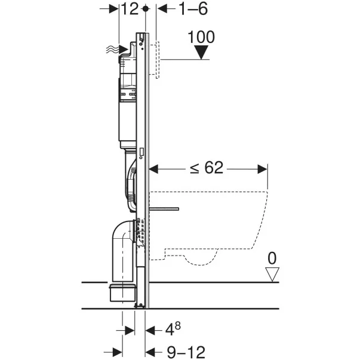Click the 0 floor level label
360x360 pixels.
pyautogui.click(x=273, y=259)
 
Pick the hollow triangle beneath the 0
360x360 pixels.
pyautogui.click(x=273, y=274)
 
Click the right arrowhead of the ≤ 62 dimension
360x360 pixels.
pyautogui.click(x=263, y=169)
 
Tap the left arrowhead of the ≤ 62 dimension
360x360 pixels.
pyautogui.click(x=153, y=169)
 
